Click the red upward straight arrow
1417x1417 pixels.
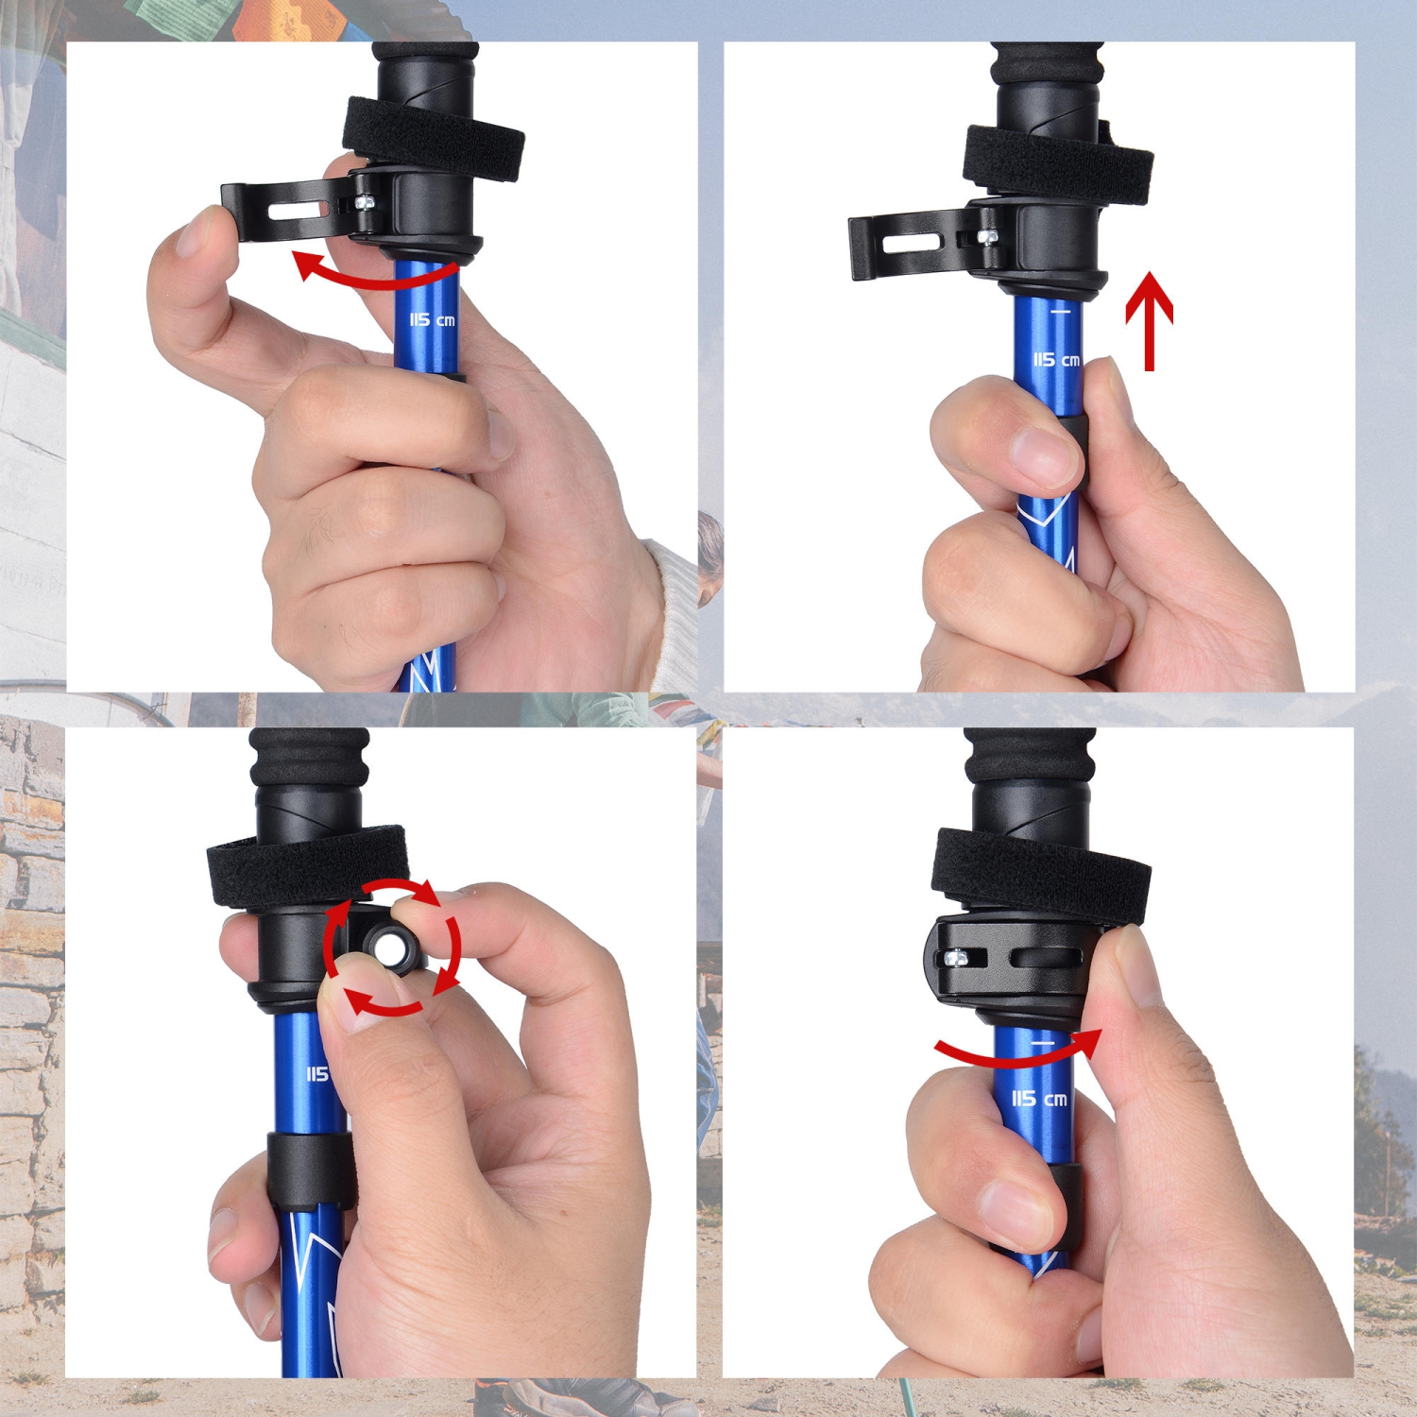tap(1149, 321)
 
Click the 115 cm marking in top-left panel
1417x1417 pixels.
tap(432, 320)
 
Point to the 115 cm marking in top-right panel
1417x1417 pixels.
tap(1055, 360)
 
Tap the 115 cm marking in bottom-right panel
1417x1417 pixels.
tap(1039, 1099)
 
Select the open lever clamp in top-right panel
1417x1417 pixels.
tap(912, 246)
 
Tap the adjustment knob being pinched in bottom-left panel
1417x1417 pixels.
tap(389, 945)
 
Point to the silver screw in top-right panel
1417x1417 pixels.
tap(988, 236)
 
